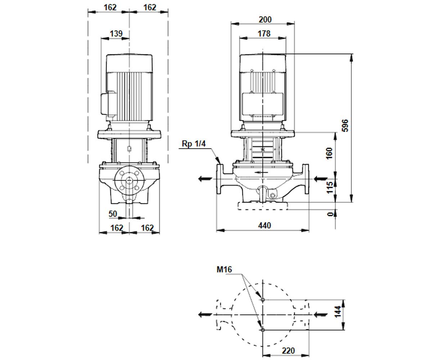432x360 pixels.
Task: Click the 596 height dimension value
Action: pos(345,125)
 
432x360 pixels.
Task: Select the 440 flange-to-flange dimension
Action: pos(264,225)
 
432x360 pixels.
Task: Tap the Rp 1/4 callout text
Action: pos(194,144)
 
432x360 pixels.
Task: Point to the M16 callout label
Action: pos(224,269)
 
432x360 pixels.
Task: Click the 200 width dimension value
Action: pos(265,20)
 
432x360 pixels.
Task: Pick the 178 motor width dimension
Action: pos(264,34)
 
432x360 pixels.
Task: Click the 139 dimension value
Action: pos(116,33)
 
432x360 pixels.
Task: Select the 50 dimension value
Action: pos(113,214)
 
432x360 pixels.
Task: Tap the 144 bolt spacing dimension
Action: pos(337,311)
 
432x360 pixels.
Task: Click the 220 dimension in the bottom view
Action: pos(288,351)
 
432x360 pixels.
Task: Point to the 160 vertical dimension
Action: pos(329,153)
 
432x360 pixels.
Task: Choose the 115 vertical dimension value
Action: pos(330,188)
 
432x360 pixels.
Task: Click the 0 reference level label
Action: pos(330,214)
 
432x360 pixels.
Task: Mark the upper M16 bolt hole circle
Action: pos(263,300)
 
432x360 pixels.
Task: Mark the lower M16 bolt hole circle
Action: pos(263,330)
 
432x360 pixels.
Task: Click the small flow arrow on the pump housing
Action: pos(261,172)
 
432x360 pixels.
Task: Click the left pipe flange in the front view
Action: pos(220,179)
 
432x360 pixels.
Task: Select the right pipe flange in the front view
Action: pos(306,179)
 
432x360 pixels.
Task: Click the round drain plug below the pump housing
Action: pos(272,195)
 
